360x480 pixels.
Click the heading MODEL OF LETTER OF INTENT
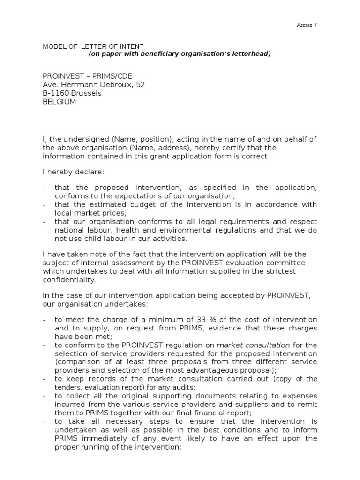coord(93,46)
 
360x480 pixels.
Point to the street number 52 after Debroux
coord(141,84)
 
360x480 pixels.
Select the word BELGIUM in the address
coord(59,101)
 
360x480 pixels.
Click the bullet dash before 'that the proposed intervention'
coord(44,187)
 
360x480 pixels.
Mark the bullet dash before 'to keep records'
coord(44,379)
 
